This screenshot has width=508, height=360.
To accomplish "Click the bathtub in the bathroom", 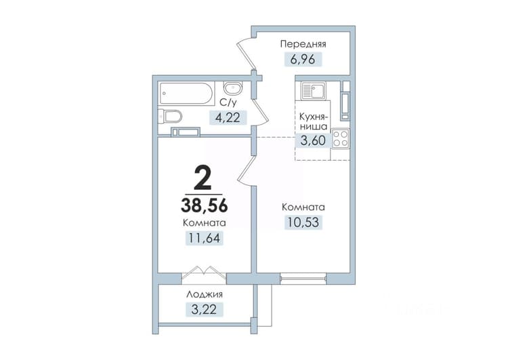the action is pyautogui.click(x=186, y=94).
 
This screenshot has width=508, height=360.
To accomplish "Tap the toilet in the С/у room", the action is pyautogui.click(x=170, y=116).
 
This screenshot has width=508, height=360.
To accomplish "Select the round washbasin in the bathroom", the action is pyautogui.click(x=232, y=89).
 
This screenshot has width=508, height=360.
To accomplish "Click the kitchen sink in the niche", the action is pyautogui.click(x=313, y=90).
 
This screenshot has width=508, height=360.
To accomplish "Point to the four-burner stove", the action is pyautogui.click(x=340, y=138).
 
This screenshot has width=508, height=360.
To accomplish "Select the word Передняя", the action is pyautogui.click(x=303, y=44).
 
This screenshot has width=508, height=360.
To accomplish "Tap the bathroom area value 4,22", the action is pyautogui.click(x=228, y=117).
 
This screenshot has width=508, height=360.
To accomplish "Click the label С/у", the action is pyautogui.click(x=228, y=102).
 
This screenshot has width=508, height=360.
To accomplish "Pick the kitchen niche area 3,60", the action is pyautogui.click(x=313, y=141).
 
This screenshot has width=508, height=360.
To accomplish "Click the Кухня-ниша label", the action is pyautogui.click(x=314, y=121).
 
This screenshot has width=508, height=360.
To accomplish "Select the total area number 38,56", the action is pyautogui.click(x=204, y=205).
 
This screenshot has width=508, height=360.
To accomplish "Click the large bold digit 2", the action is pyautogui.click(x=203, y=180).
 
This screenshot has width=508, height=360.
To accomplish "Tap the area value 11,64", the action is pyautogui.click(x=204, y=238).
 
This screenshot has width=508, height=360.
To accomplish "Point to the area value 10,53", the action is pyautogui.click(x=303, y=222).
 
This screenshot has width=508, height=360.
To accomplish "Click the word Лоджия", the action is pyautogui.click(x=205, y=294).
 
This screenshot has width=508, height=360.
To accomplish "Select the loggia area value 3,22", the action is pyautogui.click(x=204, y=309).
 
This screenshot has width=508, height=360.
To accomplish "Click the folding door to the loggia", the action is pyautogui.click(x=204, y=273).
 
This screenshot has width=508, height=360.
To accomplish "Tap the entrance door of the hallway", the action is pyautogui.click(x=247, y=54).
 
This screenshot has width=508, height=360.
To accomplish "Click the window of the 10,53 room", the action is pyautogui.click(x=303, y=279).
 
